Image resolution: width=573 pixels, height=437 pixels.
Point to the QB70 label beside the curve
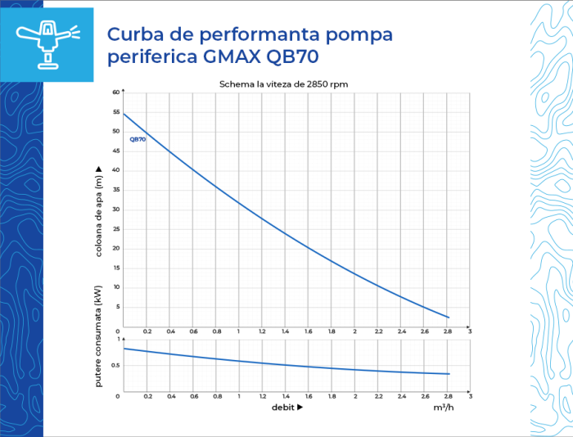pos(138,140)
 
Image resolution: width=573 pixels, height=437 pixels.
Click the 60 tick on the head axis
pos(116,92)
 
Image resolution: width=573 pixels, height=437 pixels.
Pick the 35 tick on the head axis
pos(116,190)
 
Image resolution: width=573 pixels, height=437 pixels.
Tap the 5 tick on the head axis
pos(117,306)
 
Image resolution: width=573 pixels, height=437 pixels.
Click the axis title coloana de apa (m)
pos(98,211)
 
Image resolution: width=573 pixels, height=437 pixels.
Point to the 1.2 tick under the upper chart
pos(262,331)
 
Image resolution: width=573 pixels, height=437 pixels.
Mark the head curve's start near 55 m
pos(124,114)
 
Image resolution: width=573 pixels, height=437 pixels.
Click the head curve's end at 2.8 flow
pos(448,317)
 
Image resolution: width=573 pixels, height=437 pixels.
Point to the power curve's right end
pos(449,374)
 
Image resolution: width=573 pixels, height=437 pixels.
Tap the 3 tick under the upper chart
pos(470,331)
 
